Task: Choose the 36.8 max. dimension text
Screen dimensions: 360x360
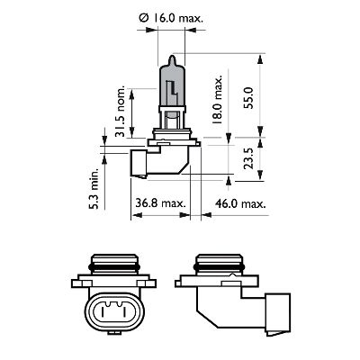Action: pyautogui.click(x=156, y=202)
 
